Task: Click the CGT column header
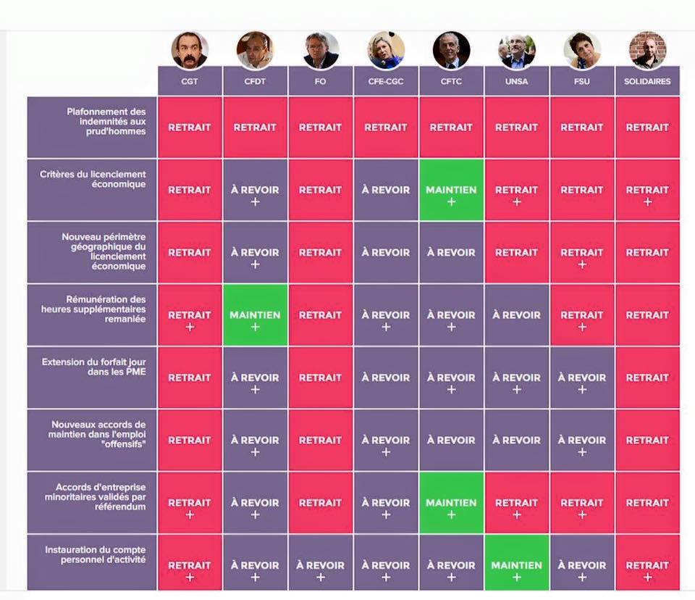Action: click(x=190, y=81)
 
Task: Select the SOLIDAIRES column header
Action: click(x=647, y=81)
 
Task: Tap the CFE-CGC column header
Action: click(x=386, y=81)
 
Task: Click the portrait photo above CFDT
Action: click(x=255, y=50)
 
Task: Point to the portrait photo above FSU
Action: click(x=582, y=50)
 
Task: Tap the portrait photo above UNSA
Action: click(x=517, y=50)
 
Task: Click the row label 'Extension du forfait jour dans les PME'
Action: click(x=93, y=367)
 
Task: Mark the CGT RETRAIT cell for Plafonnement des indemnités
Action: click(x=190, y=128)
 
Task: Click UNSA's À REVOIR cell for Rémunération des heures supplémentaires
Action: click(x=517, y=315)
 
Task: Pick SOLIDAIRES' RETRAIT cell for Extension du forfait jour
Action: click(x=647, y=378)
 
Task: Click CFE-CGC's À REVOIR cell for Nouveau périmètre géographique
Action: click(x=386, y=253)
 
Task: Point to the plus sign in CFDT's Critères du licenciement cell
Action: click(x=255, y=202)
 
